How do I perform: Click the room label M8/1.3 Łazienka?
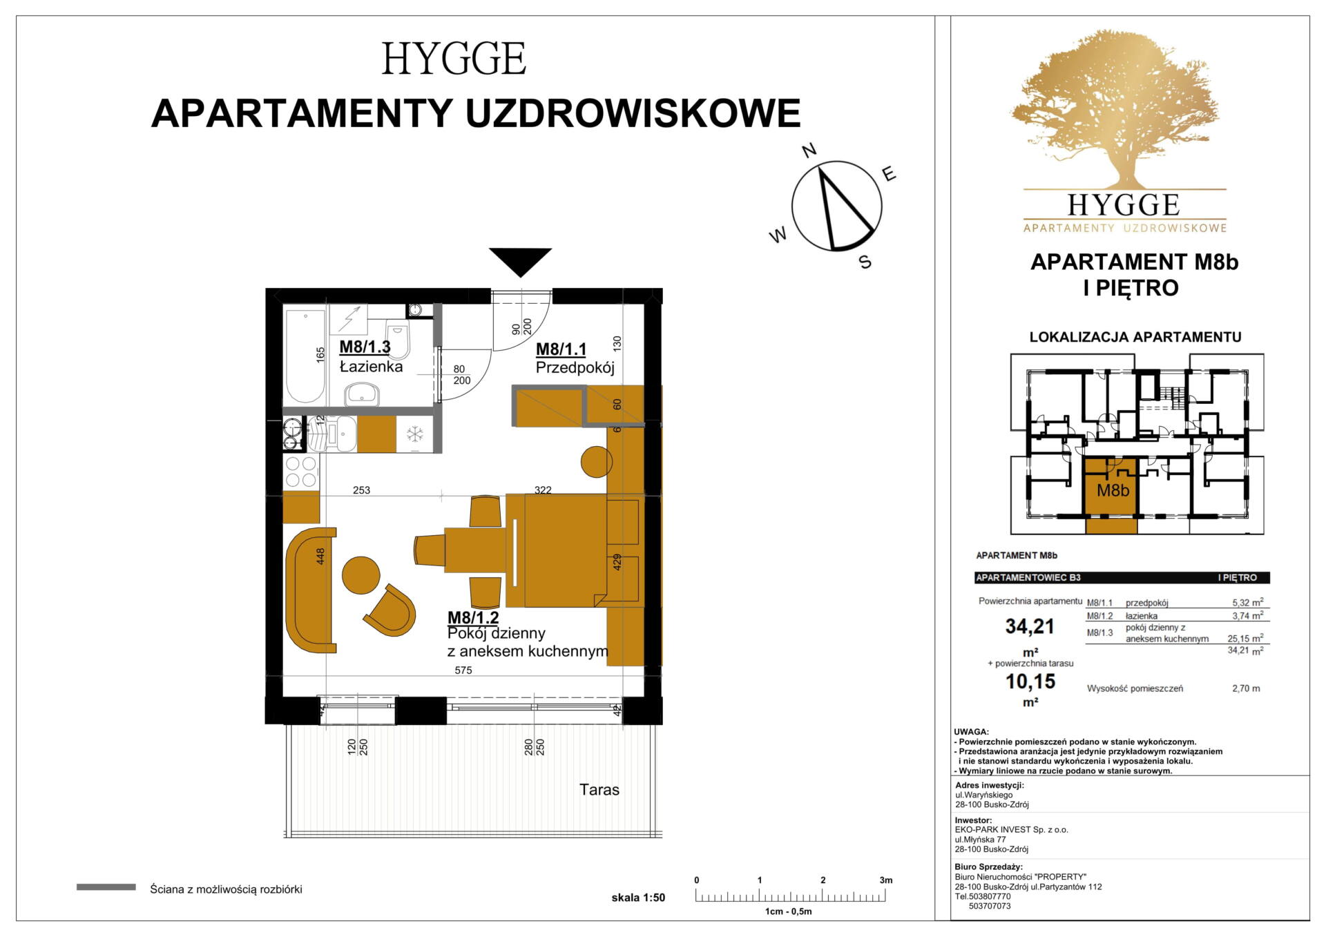(x=371, y=356)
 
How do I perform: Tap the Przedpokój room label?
(x=575, y=367)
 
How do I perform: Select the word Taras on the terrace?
(x=599, y=790)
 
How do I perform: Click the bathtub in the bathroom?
(x=305, y=356)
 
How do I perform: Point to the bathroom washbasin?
(x=362, y=395)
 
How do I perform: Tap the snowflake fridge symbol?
(x=414, y=434)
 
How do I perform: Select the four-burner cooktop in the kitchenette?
(x=302, y=472)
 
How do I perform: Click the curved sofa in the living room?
(x=310, y=590)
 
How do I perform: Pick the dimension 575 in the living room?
(x=463, y=670)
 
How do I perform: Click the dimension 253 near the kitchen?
(x=361, y=490)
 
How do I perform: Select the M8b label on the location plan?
(x=1113, y=491)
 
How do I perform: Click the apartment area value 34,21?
(x=1030, y=626)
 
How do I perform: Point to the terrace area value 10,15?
(x=1030, y=682)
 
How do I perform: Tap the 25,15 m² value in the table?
(x=1245, y=639)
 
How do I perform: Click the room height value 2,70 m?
(x=1246, y=688)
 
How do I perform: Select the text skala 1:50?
(x=638, y=898)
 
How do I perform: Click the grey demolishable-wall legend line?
(x=106, y=887)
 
